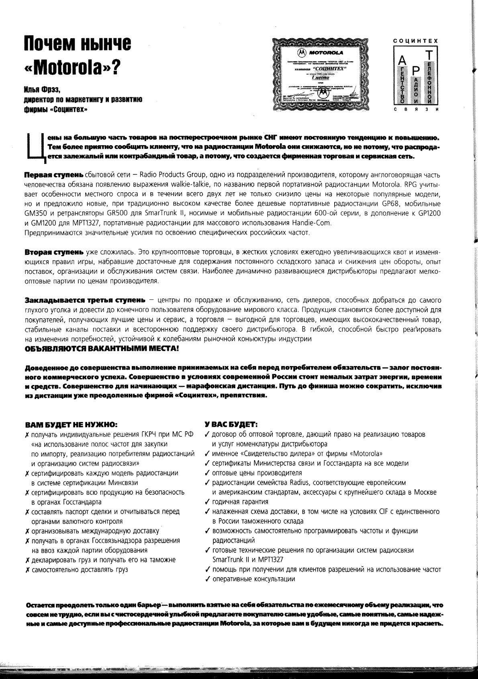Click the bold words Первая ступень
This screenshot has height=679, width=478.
point(54,175)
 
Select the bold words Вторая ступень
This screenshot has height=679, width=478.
point(54,253)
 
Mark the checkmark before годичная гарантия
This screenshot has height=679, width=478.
point(206,502)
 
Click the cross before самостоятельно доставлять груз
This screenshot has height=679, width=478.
point(27,570)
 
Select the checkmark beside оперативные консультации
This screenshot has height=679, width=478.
point(206,579)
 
